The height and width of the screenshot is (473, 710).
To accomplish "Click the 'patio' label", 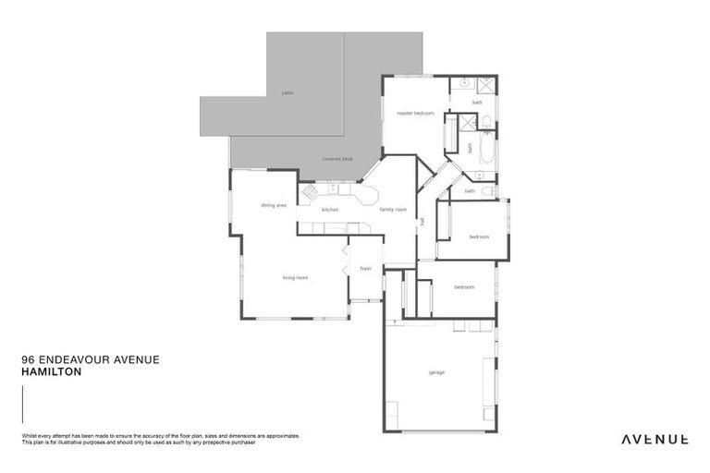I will click(288, 93).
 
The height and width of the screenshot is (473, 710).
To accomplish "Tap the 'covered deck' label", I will click(337, 158).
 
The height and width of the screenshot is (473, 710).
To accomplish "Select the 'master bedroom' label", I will click(415, 113).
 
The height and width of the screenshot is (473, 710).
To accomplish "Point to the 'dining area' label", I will click(273, 205).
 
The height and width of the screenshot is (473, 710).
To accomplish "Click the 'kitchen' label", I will click(330, 210).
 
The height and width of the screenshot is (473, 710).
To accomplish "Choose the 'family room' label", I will click(393, 210).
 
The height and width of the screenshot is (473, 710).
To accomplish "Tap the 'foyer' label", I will click(365, 269).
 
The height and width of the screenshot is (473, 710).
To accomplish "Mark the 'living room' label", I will click(295, 277).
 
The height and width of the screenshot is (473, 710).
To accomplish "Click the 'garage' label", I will click(436, 372).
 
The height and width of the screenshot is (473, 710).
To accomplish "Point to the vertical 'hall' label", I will click(422, 223).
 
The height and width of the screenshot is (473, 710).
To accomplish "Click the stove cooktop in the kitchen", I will click(312, 192).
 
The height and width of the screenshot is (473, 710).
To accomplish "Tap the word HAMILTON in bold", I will click(51, 371).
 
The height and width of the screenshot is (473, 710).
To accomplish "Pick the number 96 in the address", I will click(26, 360).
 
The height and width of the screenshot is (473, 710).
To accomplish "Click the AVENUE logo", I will click(654, 439).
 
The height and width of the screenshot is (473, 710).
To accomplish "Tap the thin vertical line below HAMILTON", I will click(22, 404).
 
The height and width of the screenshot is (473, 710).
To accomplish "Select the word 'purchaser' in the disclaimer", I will click(239, 443).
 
